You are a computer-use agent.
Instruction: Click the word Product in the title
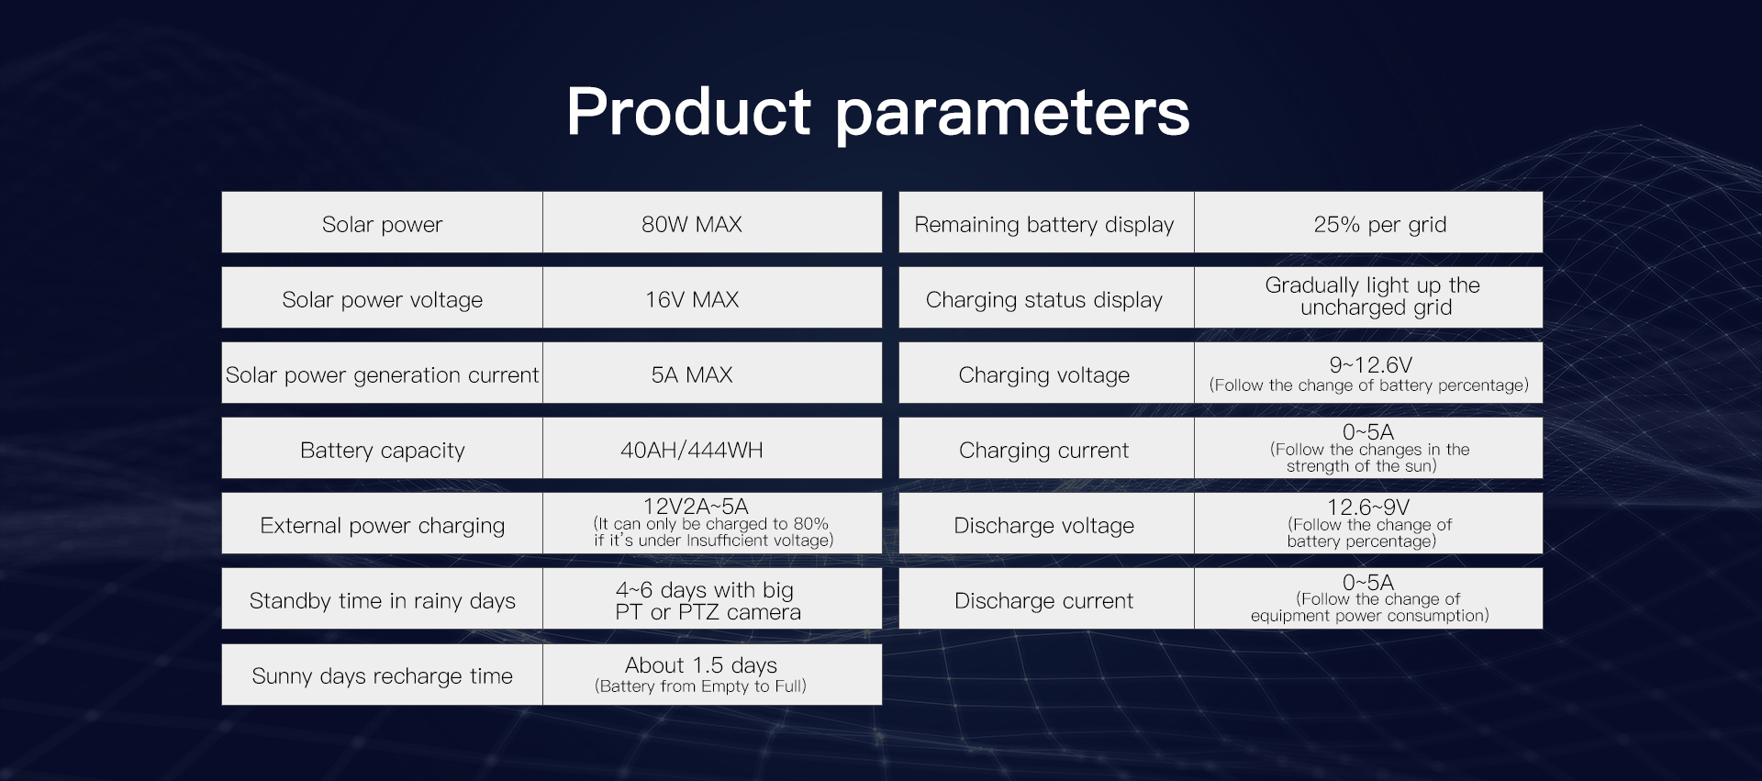(x=687, y=113)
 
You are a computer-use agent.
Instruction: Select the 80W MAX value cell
(x=691, y=224)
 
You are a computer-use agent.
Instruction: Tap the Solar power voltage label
(x=382, y=300)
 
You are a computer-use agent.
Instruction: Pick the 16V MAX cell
(x=691, y=300)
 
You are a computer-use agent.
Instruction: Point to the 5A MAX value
(x=691, y=374)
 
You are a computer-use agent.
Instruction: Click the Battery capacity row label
(x=382, y=450)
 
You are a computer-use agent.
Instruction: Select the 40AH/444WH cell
(x=691, y=450)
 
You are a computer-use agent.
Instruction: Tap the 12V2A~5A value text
(x=696, y=507)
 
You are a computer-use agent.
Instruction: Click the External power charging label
(x=382, y=526)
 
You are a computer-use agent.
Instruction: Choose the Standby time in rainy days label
(x=382, y=601)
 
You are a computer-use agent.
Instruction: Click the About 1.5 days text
(x=700, y=665)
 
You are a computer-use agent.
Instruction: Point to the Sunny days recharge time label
(x=382, y=676)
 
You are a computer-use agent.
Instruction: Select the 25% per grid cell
(x=1379, y=225)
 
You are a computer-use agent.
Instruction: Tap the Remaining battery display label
(x=1043, y=225)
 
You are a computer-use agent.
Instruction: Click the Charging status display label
(x=1043, y=300)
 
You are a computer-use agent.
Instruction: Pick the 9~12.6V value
(x=1370, y=365)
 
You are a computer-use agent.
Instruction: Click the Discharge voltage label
(x=1043, y=526)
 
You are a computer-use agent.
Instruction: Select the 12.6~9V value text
(x=1367, y=508)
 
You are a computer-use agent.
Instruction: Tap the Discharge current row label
(x=1043, y=601)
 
